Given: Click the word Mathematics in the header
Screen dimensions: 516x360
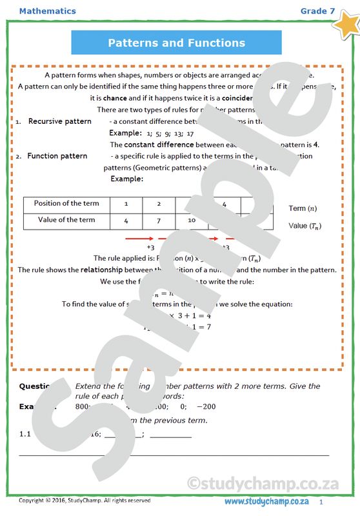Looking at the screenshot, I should click(47, 11).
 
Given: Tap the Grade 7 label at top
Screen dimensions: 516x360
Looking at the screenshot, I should click(317, 11).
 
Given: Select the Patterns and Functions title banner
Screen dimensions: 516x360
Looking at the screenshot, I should click(176, 43).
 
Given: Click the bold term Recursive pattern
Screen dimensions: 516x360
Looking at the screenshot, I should click(60, 121).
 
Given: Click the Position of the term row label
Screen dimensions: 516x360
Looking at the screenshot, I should click(66, 204).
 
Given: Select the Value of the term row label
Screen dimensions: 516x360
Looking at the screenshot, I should click(66, 221).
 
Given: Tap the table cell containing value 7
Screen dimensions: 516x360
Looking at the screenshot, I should click(159, 221).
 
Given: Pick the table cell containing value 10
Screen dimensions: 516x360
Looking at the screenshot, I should click(192, 221).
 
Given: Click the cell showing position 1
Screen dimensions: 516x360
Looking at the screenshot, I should click(126, 204).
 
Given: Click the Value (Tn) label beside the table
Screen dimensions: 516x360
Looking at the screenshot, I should click(305, 226).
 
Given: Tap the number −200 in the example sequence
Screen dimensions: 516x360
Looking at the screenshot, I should click(206, 407).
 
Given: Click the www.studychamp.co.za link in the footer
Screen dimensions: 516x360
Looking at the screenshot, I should click(266, 501).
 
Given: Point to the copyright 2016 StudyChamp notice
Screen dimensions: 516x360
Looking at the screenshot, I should click(85, 501).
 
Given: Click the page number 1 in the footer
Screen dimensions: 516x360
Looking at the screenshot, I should click(321, 501).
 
